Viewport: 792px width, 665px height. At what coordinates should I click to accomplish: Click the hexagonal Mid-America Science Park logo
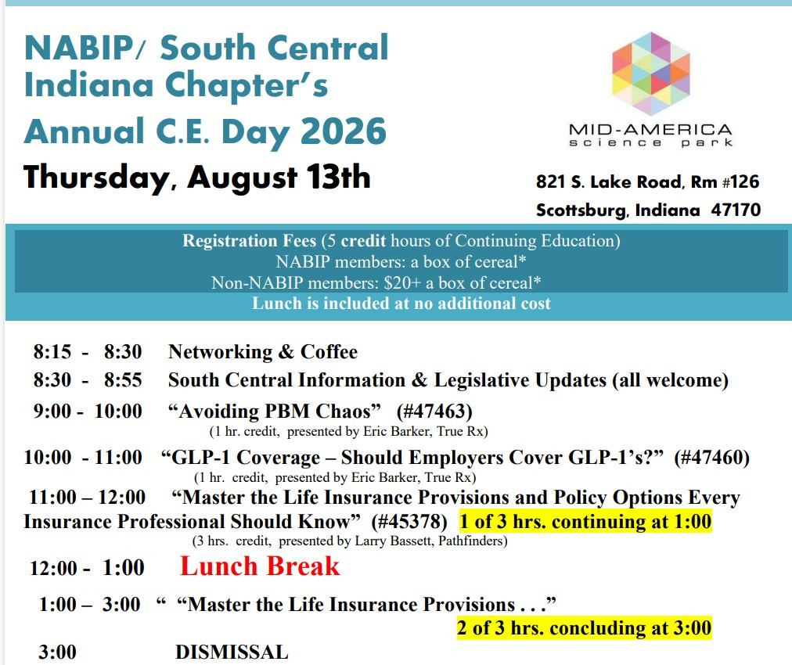650,74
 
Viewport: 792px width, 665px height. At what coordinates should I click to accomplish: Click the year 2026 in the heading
344,131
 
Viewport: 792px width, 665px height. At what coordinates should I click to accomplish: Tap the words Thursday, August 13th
197,178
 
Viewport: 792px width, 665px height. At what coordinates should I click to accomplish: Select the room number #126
741,182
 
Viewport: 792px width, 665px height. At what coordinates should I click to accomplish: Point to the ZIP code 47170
736,210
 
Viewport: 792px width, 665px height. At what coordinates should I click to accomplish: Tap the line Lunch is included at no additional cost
401,304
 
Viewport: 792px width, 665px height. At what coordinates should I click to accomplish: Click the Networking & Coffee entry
263,352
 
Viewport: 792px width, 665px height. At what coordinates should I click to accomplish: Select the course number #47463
434,412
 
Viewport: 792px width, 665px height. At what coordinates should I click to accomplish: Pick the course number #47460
712,458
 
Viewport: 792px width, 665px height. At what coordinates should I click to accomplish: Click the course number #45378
409,522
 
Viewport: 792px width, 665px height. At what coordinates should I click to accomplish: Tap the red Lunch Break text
260,566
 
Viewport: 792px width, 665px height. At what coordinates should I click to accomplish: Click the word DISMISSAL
232,652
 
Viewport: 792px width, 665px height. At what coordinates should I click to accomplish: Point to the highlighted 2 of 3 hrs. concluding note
585,628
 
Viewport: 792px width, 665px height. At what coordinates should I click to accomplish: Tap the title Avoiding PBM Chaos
274,412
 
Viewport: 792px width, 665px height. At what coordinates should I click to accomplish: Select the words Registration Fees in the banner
250,241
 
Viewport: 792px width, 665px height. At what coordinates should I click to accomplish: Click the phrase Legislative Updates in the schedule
520,380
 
